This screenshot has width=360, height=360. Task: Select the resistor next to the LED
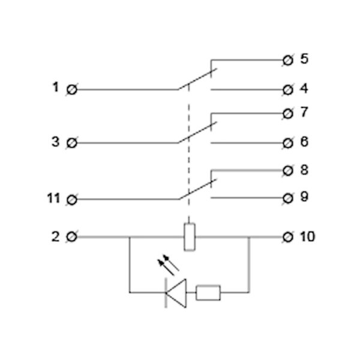(208, 293)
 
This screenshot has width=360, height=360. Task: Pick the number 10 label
(307, 237)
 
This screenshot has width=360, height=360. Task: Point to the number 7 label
(304, 112)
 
